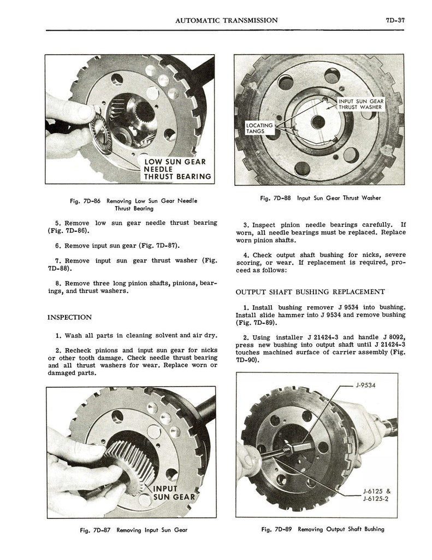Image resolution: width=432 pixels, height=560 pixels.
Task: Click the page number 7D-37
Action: click(x=395, y=20)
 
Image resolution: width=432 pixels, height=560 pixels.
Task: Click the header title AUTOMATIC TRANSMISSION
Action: click(x=227, y=20)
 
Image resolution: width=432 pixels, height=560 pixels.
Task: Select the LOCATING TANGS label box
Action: click(x=259, y=128)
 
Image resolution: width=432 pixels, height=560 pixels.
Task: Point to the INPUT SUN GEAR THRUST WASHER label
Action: click(x=361, y=104)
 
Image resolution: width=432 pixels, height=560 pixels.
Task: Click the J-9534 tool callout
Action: click(x=366, y=385)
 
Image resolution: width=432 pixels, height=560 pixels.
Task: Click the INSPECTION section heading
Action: click(x=69, y=317)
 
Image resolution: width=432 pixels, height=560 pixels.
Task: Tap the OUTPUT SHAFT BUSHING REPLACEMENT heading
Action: click(x=310, y=292)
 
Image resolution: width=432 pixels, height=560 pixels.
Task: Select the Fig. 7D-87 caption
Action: click(x=134, y=530)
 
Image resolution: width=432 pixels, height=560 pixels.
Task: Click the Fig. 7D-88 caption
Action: click(x=321, y=198)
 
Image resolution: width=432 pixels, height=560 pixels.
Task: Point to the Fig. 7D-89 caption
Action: click(x=323, y=529)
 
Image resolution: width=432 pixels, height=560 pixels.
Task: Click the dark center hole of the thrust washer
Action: click(x=318, y=122)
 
